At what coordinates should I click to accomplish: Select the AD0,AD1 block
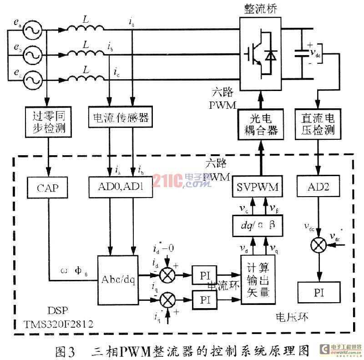(x=120, y=188)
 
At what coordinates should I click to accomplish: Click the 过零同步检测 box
(x=47, y=122)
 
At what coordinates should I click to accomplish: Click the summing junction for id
(x=169, y=276)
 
